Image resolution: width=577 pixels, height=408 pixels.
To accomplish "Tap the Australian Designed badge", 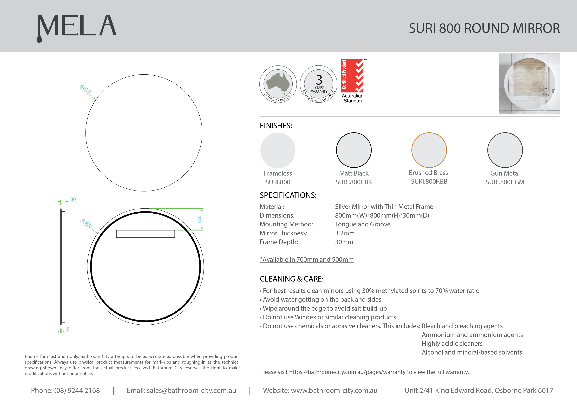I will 278,84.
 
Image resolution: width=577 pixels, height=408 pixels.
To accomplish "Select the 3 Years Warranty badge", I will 319,84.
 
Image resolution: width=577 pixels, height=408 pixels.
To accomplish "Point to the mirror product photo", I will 529,84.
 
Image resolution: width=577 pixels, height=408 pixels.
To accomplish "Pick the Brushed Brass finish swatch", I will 429,150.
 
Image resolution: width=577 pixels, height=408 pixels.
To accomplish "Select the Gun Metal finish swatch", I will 505,150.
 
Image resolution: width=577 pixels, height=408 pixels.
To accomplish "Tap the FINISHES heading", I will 276,126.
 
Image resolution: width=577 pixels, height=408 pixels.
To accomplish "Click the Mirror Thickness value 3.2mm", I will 345,233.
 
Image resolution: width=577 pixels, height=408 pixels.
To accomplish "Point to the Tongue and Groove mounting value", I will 362,224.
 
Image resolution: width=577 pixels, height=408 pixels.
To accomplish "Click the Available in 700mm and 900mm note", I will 307,259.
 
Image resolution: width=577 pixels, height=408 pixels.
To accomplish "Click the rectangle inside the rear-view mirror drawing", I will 145,234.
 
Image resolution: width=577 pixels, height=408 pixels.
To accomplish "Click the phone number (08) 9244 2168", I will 77,390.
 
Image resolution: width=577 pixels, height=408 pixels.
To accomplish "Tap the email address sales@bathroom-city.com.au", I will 191,390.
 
